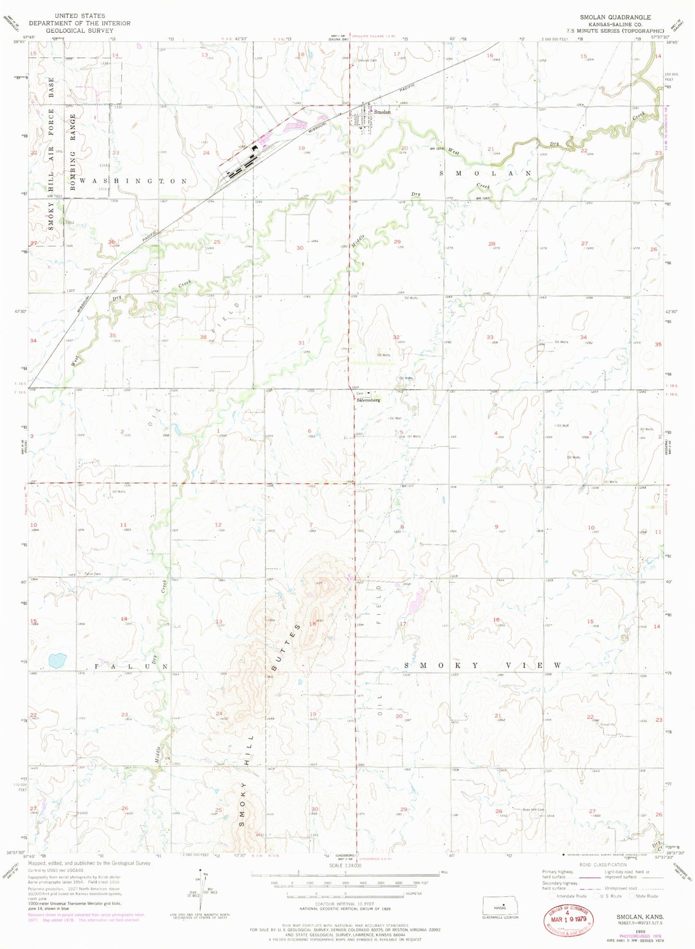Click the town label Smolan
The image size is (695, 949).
pyautogui.click(x=382, y=112)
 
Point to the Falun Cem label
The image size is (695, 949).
pyautogui.click(x=93, y=574)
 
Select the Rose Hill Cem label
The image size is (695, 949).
pyautogui.click(x=533, y=809)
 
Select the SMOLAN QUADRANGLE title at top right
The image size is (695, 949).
pyautogui.click(x=615, y=17)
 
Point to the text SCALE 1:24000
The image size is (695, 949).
pyautogui.click(x=345, y=866)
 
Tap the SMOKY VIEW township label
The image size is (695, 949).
pyautogui.click(x=482, y=666)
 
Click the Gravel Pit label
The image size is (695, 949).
pyautogui.click(x=607, y=724)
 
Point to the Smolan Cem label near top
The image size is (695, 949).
pyautogui.click(x=367, y=61)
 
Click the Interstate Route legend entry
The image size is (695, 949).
pyautogui.click(x=569, y=896)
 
